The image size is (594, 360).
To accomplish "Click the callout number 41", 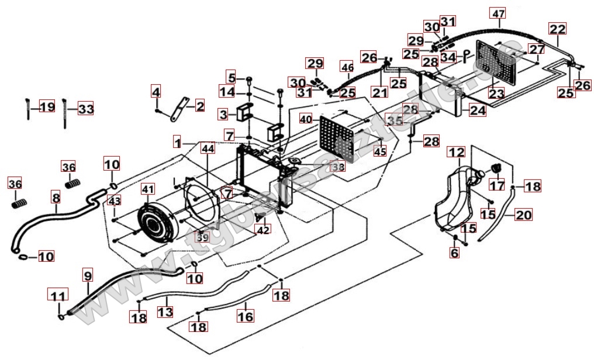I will click(x=148, y=189).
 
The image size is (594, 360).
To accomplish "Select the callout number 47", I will click(x=498, y=13).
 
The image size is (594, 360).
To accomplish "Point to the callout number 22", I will click(x=557, y=29).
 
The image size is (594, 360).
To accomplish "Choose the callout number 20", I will click(x=523, y=215).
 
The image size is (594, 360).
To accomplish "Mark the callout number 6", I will click(x=454, y=252).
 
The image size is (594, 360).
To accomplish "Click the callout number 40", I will click(x=306, y=119).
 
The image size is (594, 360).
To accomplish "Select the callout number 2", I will click(x=200, y=106).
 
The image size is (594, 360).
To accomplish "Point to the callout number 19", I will click(x=47, y=107).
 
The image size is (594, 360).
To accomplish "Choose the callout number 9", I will click(x=87, y=275).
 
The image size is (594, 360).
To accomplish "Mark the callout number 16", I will click(x=246, y=316).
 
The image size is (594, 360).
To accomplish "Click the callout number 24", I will click(x=478, y=109).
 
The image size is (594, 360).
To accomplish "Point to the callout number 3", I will click(x=223, y=113).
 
